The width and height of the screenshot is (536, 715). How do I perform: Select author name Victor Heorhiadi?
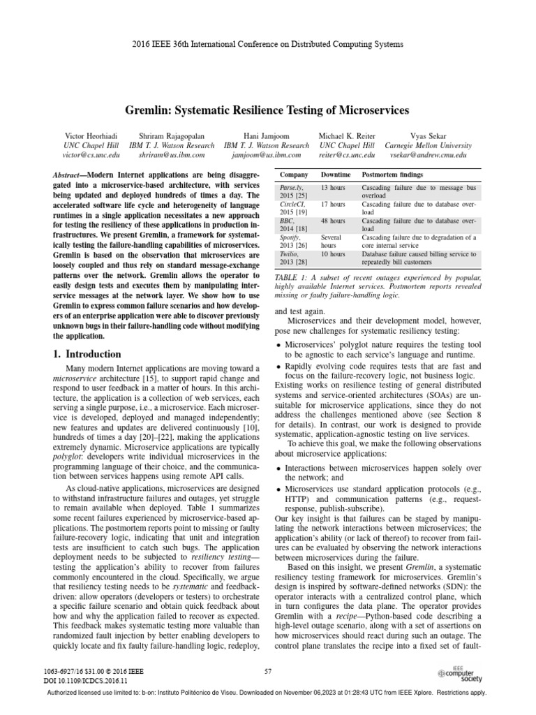(x=87, y=136)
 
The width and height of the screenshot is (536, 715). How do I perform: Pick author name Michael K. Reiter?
(x=346, y=136)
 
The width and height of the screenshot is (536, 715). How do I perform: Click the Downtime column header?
(x=336, y=174)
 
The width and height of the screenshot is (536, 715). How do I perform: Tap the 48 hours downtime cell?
(x=333, y=221)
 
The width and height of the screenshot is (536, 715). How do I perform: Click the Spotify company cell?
(x=291, y=237)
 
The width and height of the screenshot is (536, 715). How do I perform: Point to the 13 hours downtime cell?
(x=333, y=189)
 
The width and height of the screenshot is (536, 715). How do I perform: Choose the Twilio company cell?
(x=290, y=255)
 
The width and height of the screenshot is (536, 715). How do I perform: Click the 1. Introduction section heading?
(x=87, y=354)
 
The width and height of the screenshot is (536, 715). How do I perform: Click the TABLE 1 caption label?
(x=292, y=279)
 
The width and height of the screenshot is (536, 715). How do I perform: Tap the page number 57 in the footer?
(x=268, y=672)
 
